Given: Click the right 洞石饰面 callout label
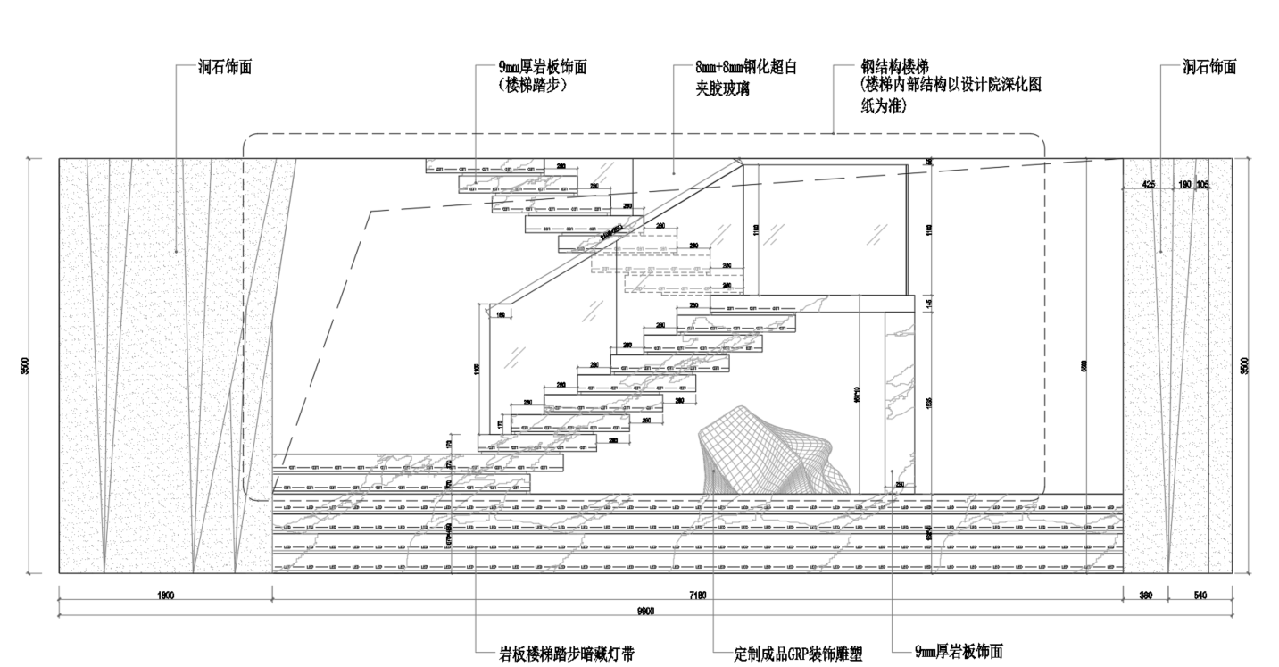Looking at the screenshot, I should point(1209,67).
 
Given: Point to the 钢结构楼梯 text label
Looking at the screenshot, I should point(895,67).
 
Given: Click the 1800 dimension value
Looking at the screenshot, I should point(164,595).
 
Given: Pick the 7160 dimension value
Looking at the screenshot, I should point(698,595).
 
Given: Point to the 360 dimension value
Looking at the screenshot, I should point(1144,595).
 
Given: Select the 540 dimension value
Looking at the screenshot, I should point(1199,595).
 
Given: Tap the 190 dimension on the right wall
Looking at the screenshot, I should point(1184,184).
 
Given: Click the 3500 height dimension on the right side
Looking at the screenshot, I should point(1244,365).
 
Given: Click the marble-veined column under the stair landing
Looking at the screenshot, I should point(899,402).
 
